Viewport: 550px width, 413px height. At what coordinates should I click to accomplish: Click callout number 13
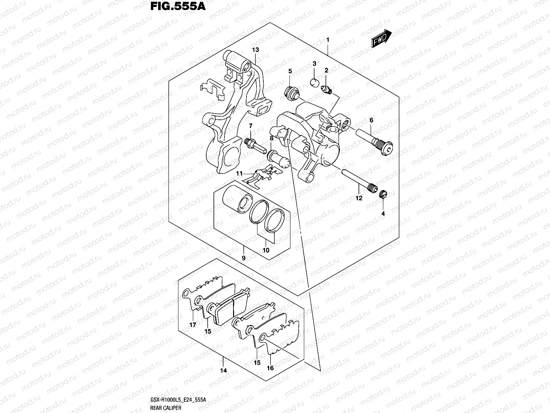[255, 50]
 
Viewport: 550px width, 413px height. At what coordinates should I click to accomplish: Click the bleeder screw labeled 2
[327, 90]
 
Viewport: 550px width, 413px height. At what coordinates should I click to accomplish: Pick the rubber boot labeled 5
[291, 93]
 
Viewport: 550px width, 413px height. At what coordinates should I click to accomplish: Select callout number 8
[272, 138]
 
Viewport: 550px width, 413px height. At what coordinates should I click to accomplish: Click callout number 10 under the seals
[266, 250]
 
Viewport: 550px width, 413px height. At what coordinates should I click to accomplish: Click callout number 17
[192, 325]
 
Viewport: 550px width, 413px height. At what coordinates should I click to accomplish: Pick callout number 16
[270, 368]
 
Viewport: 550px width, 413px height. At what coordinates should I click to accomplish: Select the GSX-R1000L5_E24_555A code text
[178, 400]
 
